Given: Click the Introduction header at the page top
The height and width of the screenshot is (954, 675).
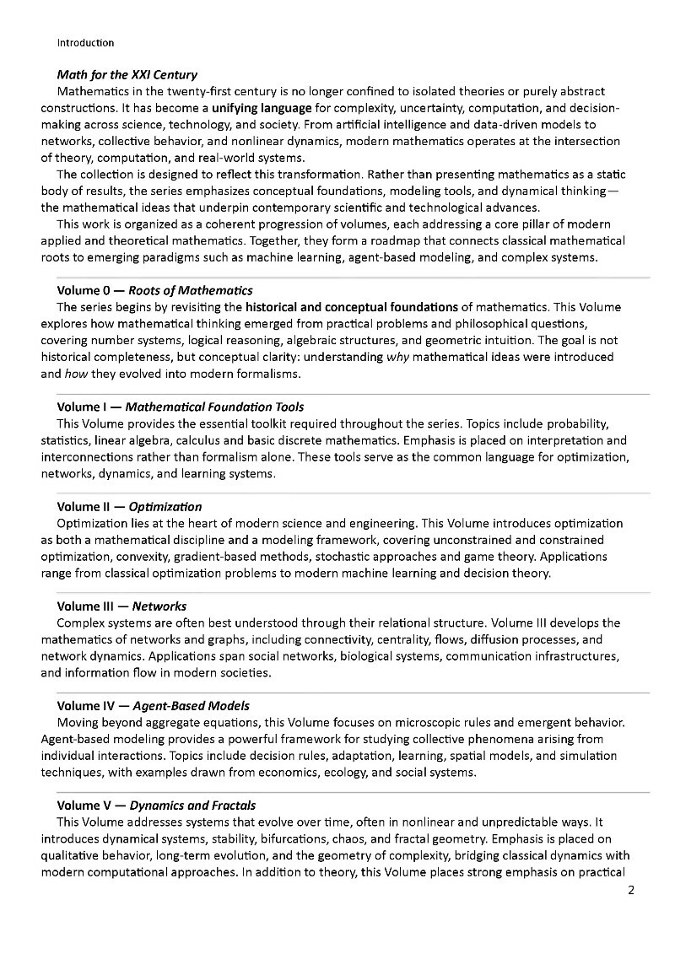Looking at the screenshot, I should [85, 42].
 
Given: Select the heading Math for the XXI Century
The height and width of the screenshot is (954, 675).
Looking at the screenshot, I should [127, 75].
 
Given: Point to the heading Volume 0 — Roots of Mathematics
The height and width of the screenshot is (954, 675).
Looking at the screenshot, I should [154, 291].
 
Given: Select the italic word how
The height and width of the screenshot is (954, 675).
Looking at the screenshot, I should [74, 374].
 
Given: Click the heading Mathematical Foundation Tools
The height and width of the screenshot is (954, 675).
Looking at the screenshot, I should [214, 407].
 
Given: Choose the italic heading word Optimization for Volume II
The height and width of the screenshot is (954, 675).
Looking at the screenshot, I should [166, 507].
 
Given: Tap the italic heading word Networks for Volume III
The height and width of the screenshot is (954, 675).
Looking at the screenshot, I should [159, 606].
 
